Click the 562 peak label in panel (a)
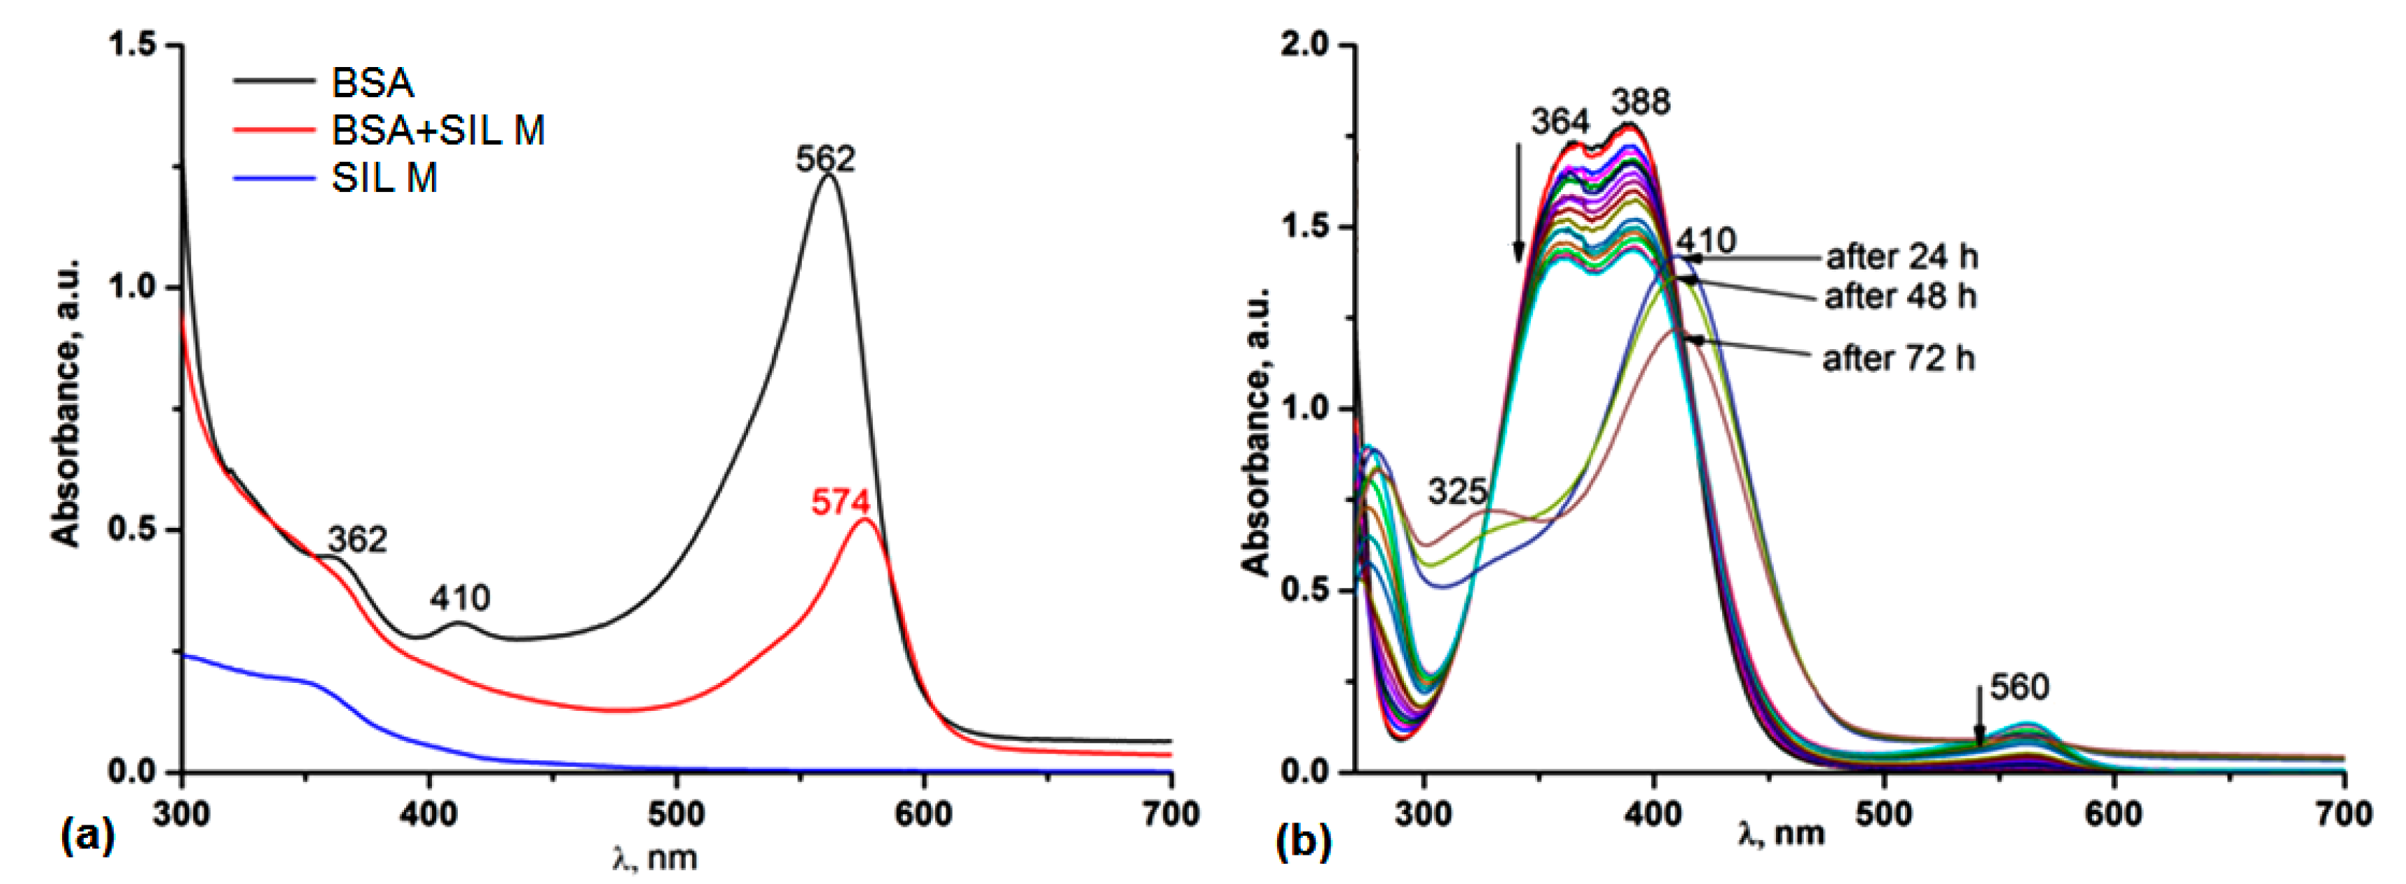(x=825, y=159)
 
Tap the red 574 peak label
(x=839, y=503)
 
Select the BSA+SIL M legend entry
(x=437, y=131)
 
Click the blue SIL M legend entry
(x=384, y=177)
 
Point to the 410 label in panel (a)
(x=460, y=598)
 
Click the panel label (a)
(x=87, y=834)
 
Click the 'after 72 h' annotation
(x=1898, y=358)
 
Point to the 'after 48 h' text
(x=1900, y=296)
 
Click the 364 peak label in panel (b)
(x=1560, y=121)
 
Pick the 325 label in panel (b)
(x=1457, y=491)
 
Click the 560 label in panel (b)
(x=2019, y=688)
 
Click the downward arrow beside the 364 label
(x=1518, y=201)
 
